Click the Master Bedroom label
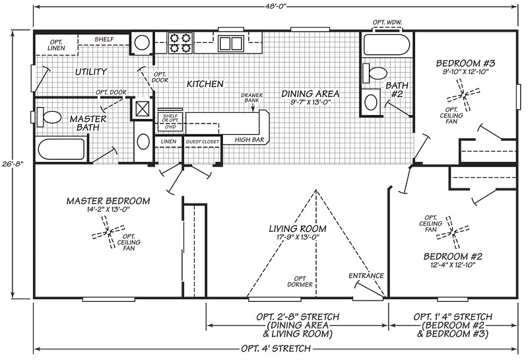[x=108, y=201]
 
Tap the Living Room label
[x=294, y=229]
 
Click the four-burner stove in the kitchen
[x=180, y=43]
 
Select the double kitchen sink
[x=230, y=44]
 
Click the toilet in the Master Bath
[x=49, y=118]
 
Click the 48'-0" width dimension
[x=276, y=7]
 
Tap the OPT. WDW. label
[x=387, y=22]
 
